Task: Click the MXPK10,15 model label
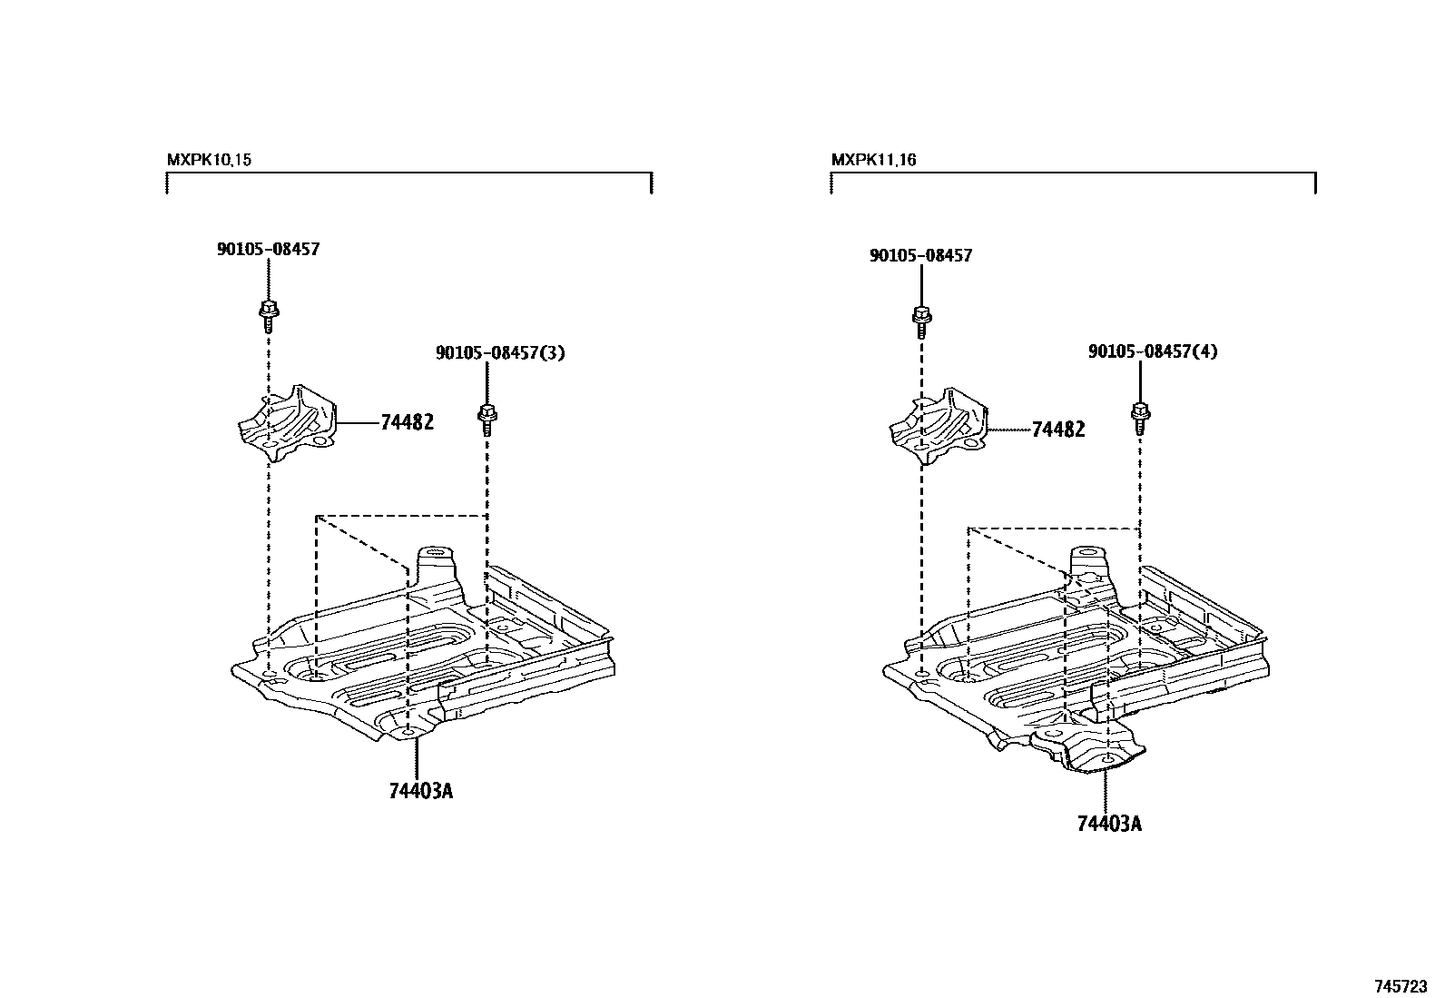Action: (x=209, y=160)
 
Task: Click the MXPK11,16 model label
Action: (x=873, y=160)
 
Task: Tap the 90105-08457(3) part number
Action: (x=500, y=352)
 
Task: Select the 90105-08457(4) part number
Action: (x=1153, y=351)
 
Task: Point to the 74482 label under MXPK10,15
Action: (x=407, y=422)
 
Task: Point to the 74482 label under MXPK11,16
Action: (x=1058, y=430)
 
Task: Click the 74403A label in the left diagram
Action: (x=420, y=791)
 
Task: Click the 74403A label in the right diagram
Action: (x=1109, y=824)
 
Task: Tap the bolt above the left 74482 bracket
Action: (x=269, y=312)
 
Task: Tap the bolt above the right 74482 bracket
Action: (x=920, y=319)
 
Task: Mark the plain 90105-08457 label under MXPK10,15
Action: (x=268, y=249)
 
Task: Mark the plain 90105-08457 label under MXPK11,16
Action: (x=920, y=256)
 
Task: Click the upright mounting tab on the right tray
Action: (x=1090, y=563)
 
